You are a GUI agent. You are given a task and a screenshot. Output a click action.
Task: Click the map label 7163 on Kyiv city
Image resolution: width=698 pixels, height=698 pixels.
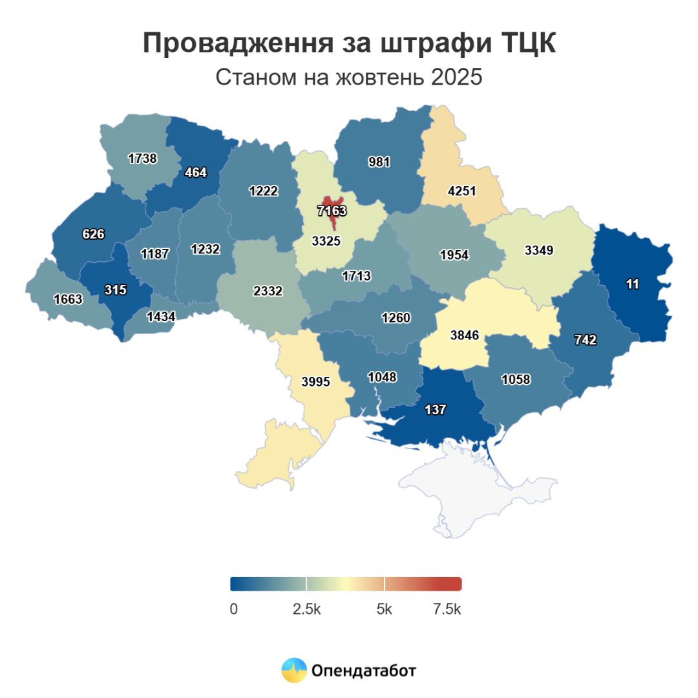pos(332,211)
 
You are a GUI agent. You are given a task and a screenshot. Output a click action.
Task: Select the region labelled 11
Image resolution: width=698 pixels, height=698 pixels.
pos(632,284)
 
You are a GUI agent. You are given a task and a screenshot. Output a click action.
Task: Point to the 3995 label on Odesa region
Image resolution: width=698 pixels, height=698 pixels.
pos(316,381)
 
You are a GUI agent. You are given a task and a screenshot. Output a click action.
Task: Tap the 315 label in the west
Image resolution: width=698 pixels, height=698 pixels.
pos(115,290)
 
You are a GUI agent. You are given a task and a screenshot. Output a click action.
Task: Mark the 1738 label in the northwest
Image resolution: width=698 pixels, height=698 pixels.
pos(142,158)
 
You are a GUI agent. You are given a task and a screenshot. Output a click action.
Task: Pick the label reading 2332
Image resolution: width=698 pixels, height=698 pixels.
pos(268,291)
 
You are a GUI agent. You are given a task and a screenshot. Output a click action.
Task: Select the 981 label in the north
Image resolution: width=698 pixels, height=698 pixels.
pos(379,162)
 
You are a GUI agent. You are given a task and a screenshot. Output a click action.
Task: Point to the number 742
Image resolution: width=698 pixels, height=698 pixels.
pos(585,340)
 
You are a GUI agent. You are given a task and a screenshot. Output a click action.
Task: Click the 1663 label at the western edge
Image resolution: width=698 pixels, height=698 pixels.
pos(68,299)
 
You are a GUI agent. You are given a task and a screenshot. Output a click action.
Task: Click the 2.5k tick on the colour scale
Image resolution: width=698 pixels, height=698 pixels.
pos(306,609)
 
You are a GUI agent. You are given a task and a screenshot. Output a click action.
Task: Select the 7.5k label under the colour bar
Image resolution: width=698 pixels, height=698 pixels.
pos(447,609)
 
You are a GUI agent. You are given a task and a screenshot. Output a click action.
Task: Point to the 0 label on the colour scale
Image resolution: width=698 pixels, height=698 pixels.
pos(233,609)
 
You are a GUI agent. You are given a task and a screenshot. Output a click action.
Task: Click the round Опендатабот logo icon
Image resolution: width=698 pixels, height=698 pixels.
pos(293,671)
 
